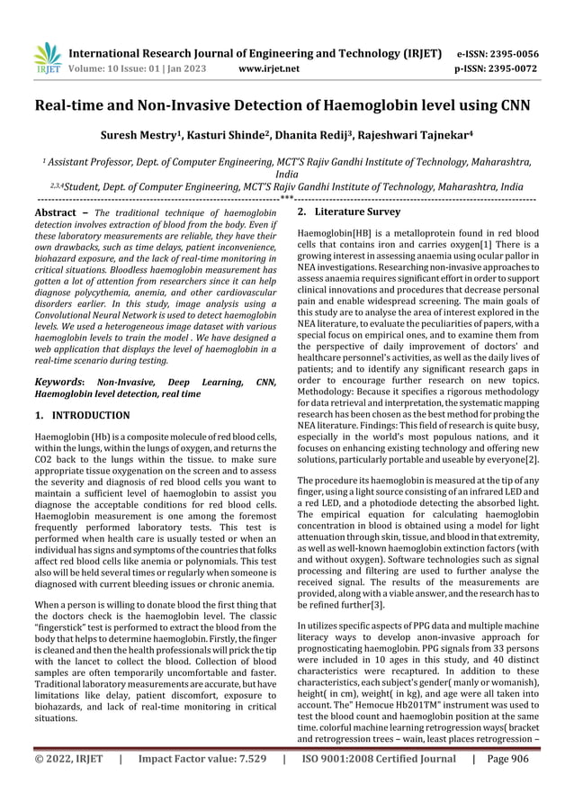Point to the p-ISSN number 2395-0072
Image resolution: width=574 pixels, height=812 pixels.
pyautogui.click(x=513, y=67)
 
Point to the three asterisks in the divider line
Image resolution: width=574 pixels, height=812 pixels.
pyautogui.click(x=286, y=196)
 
